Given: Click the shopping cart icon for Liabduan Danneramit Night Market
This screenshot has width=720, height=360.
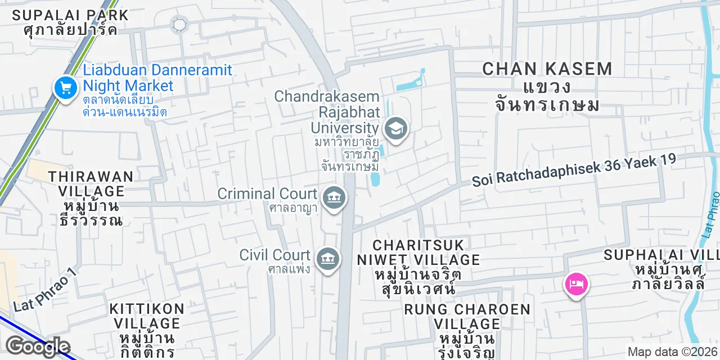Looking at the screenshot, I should (x=66, y=88).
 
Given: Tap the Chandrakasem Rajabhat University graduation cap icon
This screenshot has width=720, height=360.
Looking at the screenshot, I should (x=396, y=129).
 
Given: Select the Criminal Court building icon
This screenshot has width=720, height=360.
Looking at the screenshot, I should (x=335, y=197).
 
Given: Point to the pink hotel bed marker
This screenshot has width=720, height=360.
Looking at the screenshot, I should (x=576, y=283).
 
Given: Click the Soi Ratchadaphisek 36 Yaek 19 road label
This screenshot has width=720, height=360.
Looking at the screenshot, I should (x=573, y=170).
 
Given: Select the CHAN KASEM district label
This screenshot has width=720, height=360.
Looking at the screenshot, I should (x=547, y=69).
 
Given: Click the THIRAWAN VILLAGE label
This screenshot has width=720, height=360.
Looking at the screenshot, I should (x=91, y=184).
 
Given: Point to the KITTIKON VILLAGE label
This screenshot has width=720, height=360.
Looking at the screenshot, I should (x=147, y=316).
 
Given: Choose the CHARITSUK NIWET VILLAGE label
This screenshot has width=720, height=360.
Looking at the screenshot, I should (x=418, y=253).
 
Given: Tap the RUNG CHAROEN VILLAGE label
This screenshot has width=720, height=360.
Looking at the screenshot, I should (x=467, y=317).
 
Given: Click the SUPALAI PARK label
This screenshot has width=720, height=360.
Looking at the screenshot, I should (x=70, y=15).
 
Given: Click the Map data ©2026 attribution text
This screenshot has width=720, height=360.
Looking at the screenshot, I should (x=673, y=352).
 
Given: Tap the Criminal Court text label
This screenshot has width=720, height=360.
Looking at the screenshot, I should (x=267, y=194).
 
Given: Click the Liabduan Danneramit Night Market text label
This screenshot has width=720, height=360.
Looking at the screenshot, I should (x=157, y=78).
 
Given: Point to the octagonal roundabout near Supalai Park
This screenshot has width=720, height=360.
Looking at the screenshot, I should (x=179, y=24).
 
